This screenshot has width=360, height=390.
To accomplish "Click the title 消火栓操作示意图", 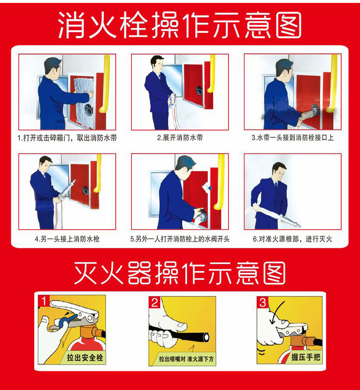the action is coord(180,25).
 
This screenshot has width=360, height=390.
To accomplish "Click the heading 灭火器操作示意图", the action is coord(180,273).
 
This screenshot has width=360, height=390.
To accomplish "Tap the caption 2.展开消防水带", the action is coord(180,138).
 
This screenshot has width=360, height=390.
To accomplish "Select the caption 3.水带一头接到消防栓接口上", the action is coord(292,138).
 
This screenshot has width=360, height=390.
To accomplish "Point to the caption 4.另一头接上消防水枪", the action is coord(67,239).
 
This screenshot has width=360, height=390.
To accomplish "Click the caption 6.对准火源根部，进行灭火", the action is coord(292,239).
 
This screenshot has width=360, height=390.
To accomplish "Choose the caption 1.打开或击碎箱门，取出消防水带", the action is coord(67,138).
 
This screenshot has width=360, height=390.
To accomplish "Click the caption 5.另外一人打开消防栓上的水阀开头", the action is coord(180,239).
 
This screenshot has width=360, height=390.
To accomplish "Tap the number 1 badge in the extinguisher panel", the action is coord(44,301).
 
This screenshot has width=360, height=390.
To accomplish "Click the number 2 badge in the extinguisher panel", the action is coord(155,302).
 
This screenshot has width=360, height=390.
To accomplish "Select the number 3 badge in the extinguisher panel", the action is coord(263,302).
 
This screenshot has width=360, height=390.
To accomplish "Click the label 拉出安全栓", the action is coord(84,358).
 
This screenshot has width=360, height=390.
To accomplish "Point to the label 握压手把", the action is coord(305,357).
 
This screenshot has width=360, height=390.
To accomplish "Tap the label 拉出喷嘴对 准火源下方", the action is coord(186,359).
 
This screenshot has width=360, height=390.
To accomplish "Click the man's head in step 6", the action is coord(279,172).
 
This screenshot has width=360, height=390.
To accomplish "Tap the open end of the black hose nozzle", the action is coord(206,337).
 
